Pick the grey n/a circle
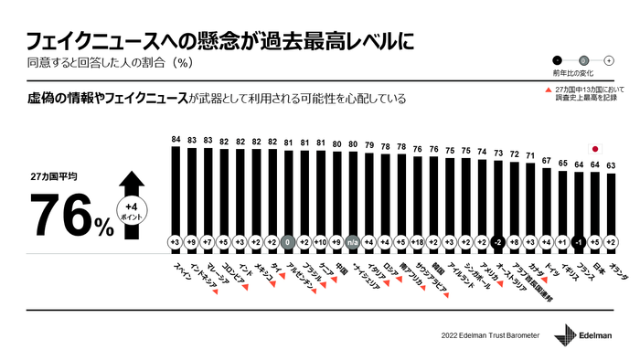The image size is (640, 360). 352,241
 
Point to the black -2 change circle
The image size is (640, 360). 497,241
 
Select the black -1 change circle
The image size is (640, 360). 578,241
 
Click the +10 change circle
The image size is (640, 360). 319,241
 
